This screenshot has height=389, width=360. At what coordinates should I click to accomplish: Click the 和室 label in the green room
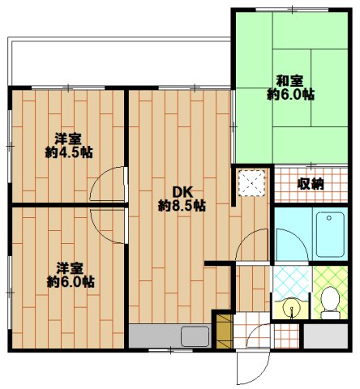[289, 80]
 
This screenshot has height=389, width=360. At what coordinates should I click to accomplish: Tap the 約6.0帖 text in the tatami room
[289, 94]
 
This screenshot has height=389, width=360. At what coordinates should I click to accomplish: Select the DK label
[182, 192]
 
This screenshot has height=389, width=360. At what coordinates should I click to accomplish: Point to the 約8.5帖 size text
[182, 206]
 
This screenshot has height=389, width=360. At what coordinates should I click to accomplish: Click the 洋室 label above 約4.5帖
[68, 138]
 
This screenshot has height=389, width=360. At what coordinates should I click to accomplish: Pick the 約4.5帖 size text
[68, 152]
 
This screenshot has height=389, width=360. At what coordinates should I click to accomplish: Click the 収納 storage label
[311, 184]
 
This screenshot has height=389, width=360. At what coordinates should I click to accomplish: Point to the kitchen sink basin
[195, 336]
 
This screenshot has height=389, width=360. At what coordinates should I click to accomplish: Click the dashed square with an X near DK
[252, 183]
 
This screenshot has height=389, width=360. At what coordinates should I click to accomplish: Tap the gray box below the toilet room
[325, 336]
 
